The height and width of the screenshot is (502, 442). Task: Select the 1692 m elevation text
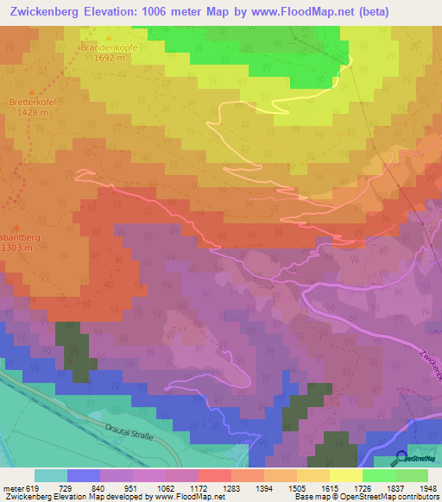(x=110, y=59)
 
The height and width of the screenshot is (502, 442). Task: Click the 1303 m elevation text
(x=16, y=247)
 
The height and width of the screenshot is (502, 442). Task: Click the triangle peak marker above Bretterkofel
(x=33, y=91)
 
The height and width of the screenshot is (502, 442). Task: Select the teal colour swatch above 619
(x=50, y=475)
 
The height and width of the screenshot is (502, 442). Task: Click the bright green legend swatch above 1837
(x=378, y=475)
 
